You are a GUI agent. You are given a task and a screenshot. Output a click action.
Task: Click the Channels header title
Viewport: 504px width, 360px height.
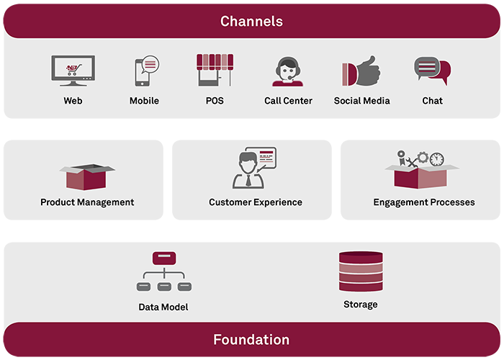251,21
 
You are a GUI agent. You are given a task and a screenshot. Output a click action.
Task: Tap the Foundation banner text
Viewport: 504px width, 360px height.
251,339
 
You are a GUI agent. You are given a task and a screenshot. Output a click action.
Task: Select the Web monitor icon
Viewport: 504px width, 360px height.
73,71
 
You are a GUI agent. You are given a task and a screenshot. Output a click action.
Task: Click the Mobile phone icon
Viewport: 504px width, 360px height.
147,71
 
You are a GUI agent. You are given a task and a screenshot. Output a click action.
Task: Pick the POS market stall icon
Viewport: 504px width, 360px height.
215,70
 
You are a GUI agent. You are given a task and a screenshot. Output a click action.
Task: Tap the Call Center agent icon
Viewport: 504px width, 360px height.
288,71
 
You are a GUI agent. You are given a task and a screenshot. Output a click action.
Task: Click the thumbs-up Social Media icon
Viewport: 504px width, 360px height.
361,71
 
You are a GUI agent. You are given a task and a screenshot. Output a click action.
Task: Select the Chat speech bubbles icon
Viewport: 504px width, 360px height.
432,71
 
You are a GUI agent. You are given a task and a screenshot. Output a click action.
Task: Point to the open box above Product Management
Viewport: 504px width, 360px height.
87,176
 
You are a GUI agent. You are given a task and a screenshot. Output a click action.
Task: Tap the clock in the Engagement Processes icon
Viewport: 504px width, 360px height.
437,159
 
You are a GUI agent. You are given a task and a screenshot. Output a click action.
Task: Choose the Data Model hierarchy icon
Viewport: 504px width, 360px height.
164,271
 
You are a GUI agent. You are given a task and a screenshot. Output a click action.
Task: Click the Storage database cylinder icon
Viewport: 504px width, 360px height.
361,271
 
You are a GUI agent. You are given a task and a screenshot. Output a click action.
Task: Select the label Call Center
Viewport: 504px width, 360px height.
288,101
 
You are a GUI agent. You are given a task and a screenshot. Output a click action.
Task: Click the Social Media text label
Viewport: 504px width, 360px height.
361,101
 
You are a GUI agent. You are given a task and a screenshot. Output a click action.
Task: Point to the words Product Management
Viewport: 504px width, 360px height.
87,202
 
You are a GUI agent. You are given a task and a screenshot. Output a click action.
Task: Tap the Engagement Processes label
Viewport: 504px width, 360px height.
424,202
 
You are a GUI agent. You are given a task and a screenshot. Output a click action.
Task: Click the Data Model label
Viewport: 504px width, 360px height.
163,307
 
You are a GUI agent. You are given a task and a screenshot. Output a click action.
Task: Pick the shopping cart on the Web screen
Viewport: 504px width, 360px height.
73,69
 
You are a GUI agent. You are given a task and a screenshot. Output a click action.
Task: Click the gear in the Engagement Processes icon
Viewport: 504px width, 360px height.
423,158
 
